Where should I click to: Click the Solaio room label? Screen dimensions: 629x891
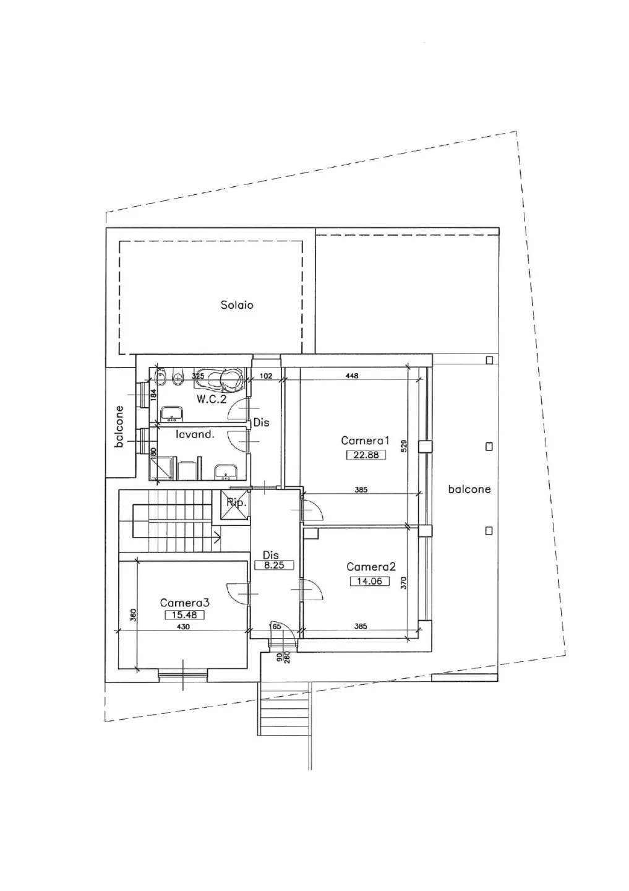237,305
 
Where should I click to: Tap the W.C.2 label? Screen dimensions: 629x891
211,399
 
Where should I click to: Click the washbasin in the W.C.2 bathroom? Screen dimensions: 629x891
172,413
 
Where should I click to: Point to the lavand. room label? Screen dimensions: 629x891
195,434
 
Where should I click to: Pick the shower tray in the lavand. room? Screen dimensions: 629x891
162,468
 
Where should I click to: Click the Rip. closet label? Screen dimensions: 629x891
236,503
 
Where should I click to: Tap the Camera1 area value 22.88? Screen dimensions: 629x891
366,455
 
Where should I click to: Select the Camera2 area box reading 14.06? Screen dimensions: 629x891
369,581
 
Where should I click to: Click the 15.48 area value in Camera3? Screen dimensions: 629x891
184,615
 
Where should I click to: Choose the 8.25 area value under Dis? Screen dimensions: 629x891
274,565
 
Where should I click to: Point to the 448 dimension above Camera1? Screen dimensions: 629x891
353,376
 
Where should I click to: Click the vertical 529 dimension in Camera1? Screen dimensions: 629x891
404,446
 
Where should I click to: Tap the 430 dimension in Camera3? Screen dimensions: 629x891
183,627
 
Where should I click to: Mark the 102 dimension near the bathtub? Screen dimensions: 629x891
265,376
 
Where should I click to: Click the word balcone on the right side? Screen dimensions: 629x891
469,489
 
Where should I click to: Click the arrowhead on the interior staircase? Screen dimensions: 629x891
218,536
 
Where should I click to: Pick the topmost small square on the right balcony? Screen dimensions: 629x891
490,360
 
